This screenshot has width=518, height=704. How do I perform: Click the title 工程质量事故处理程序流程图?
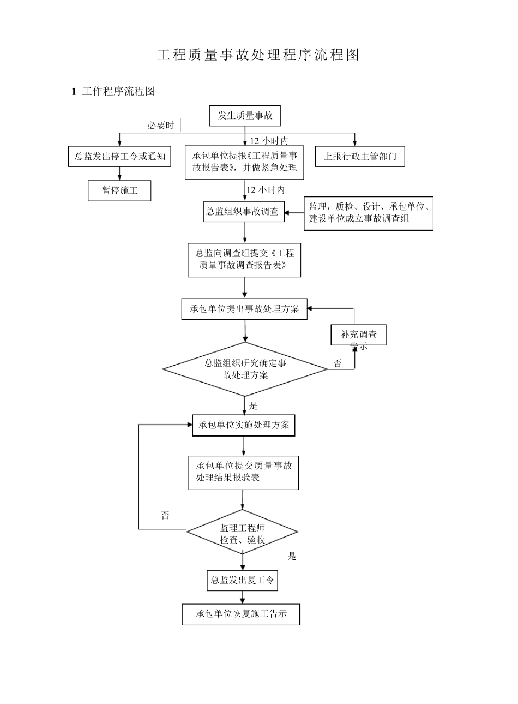click(258, 55)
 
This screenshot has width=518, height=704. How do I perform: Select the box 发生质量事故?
click(245, 115)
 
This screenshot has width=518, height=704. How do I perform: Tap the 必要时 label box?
click(161, 126)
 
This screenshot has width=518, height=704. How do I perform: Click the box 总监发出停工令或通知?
click(119, 157)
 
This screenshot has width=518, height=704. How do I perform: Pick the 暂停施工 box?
click(119, 190)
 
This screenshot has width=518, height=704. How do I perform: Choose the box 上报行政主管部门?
click(360, 157)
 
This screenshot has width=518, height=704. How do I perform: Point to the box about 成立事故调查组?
click(368, 213)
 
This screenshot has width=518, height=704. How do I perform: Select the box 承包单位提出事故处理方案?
click(244, 309)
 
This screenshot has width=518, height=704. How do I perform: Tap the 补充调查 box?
click(358, 335)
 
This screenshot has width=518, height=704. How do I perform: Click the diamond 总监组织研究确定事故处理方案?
click(245, 369)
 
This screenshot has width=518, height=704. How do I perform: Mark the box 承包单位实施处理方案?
click(244, 425)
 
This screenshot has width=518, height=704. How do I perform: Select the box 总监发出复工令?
click(243, 580)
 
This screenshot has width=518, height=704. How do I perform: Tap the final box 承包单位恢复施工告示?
click(241, 614)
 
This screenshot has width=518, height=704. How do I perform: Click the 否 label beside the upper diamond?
click(338, 363)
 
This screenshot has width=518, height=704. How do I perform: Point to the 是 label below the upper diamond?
click(253, 405)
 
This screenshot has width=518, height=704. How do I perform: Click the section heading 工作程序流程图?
click(118, 92)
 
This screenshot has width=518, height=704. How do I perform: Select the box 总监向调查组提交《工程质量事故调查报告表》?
click(244, 260)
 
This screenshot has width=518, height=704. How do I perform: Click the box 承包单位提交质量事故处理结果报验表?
click(244, 472)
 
